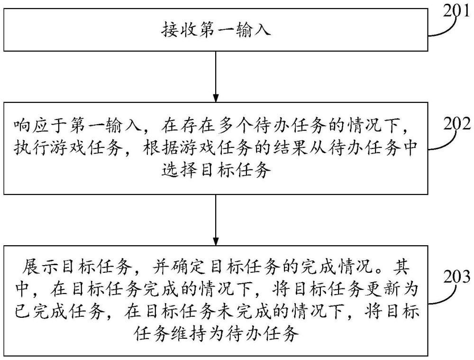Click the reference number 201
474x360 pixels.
[x=457, y=11]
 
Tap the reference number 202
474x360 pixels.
[x=457, y=124]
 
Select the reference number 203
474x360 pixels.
[x=457, y=276]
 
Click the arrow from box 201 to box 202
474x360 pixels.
[x=216, y=77]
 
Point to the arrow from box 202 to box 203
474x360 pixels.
[x=216, y=220]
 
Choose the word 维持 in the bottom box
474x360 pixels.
[x=190, y=334]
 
